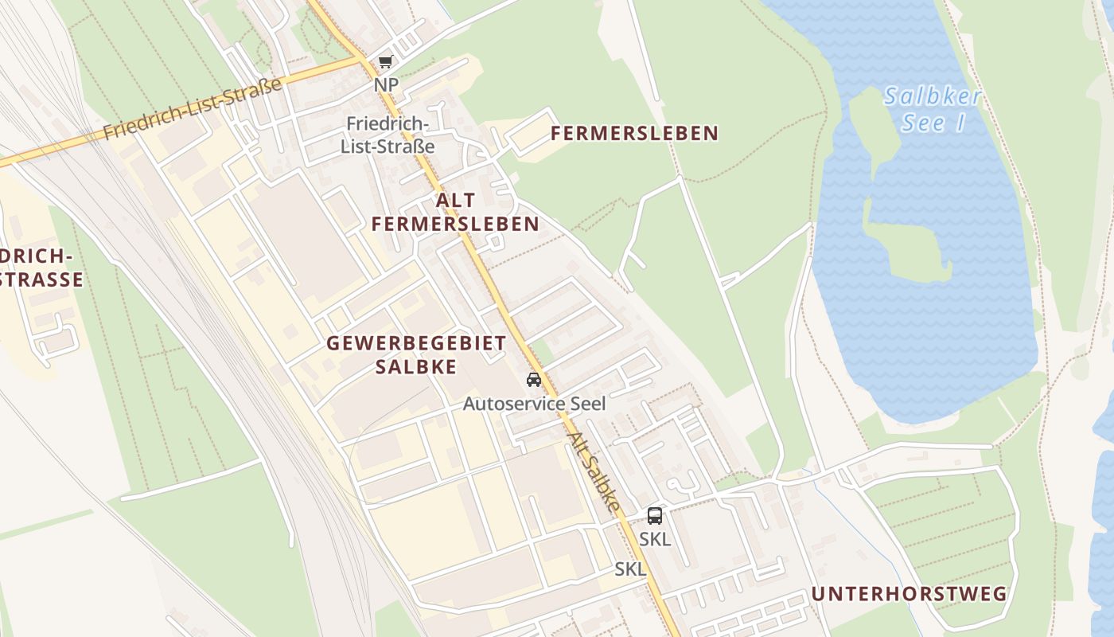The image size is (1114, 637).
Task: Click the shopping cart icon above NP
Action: (x=385, y=62)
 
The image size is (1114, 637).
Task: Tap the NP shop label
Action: (x=386, y=84)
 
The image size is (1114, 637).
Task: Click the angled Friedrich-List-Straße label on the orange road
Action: (x=193, y=109)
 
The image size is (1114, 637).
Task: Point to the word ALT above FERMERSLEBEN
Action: (x=455, y=200)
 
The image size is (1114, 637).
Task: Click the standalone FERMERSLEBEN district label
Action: (x=634, y=133)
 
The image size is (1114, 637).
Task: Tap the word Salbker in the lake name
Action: (x=933, y=98)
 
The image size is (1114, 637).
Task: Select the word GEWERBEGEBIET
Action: (x=416, y=343)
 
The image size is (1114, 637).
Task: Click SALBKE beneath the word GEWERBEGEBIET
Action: (x=415, y=366)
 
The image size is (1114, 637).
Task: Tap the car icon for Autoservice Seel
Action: (x=534, y=380)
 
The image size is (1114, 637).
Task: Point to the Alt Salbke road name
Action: (x=594, y=471)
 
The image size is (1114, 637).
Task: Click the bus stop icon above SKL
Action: (x=654, y=516)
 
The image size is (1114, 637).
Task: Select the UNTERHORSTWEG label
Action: (x=909, y=594)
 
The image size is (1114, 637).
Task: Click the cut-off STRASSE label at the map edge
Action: (x=41, y=279)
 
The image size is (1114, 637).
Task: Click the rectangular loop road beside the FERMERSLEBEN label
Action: (x=531, y=132)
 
